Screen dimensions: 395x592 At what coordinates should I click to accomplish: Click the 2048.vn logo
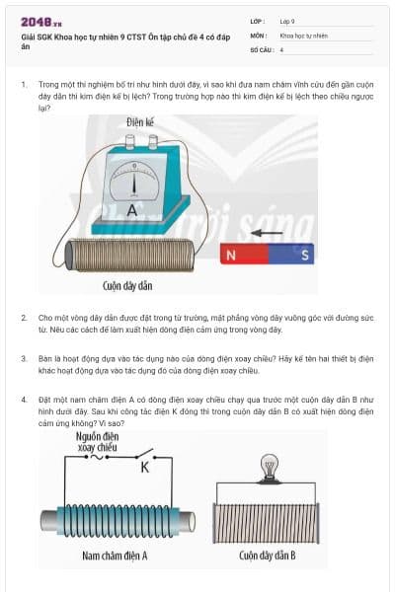point(40,21)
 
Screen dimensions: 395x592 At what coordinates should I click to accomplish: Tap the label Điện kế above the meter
point(141,123)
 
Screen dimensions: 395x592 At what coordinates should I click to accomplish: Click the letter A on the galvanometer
point(131,210)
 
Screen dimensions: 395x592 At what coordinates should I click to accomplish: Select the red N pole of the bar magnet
point(231,256)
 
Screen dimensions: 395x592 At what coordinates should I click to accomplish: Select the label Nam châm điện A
point(115,555)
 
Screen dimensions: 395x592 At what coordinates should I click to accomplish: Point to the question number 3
point(23,358)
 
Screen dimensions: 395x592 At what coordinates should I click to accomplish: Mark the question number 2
point(23,319)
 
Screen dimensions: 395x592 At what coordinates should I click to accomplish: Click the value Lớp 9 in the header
point(287,21)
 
